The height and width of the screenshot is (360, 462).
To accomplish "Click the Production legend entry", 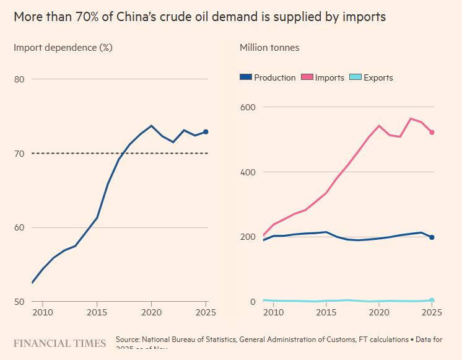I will click(268, 77).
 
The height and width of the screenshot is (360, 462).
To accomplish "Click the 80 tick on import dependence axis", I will click(19, 79).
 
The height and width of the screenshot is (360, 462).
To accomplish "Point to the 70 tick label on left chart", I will click(19, 154).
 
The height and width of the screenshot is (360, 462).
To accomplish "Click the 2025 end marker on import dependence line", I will click(206, 131).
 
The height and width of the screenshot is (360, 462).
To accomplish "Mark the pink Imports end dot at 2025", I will click(432, 132).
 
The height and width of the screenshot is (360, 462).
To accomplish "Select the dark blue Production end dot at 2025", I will click(432, 237).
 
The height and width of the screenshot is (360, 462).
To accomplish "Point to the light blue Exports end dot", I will click(432, 301).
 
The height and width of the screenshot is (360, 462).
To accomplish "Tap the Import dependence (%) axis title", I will click(63, 47).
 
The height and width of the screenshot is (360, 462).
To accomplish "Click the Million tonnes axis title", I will click(269, 47).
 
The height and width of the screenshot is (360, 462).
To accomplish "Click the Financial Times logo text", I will click(59, 342).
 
